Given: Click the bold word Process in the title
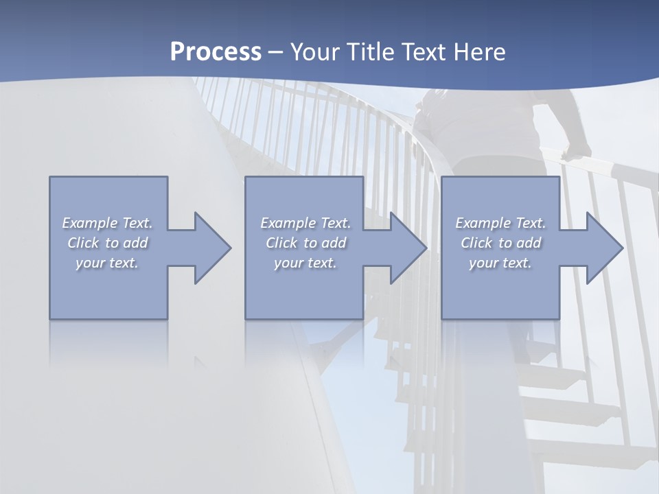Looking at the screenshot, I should pos(216,52).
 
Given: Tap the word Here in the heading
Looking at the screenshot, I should pos(480,52).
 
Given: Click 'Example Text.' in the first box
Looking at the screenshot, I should pos(107,223).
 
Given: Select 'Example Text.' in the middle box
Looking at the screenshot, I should pos(305,223).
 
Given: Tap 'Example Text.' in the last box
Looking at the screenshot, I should pos(500,223).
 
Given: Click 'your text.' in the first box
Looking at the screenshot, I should pos(107,263).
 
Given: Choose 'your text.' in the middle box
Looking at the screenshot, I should pos(305,263).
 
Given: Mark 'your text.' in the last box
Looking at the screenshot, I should pos(500,263).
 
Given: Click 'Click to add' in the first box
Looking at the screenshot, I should pos(107,243).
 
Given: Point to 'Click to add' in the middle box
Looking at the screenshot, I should pos(305,243).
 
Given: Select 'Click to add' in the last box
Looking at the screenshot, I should pos(500,243).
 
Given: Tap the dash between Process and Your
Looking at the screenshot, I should pos(276,53).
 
